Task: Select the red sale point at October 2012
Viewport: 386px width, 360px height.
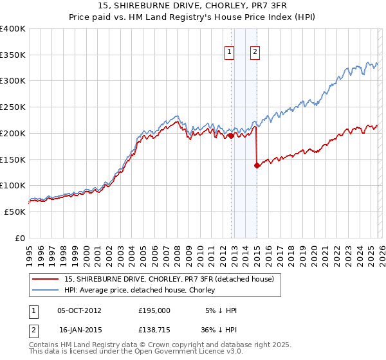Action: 231,136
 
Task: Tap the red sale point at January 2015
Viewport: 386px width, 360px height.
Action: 257,165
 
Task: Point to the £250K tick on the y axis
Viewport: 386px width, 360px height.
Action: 13,107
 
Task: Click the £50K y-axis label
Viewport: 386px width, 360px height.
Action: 15,212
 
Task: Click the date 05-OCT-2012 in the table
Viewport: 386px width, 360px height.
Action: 79,310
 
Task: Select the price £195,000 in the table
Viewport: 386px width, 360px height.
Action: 154,310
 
